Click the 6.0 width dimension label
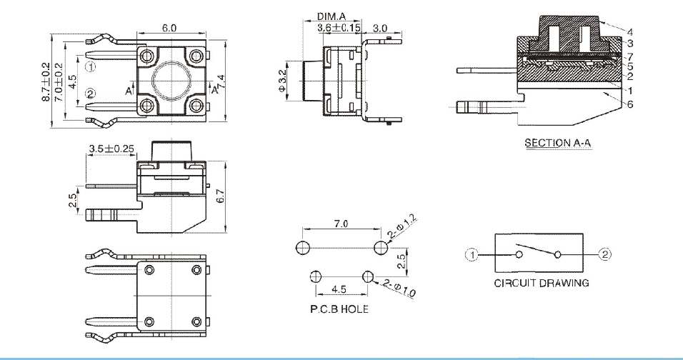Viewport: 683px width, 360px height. click(169, 27)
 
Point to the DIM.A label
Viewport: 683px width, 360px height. click(331, 17)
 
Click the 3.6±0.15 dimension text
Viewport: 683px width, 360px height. click(339, 27)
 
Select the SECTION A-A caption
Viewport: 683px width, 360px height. click(558, 143)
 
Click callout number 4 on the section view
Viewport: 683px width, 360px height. click(630, 32)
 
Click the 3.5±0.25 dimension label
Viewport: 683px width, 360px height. click(111, 149)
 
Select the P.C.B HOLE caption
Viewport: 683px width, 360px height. click(335, 309)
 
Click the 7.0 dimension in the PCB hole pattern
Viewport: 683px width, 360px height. click(341, 224)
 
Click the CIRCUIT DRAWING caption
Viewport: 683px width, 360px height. click(542, 283)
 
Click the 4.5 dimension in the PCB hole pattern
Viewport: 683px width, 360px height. click(339, 290)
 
